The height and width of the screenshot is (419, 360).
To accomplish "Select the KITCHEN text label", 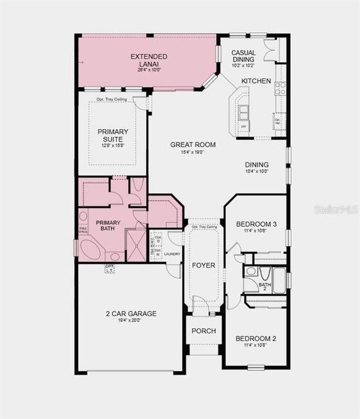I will point(256,81).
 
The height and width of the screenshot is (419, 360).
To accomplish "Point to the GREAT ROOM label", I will point(193,145).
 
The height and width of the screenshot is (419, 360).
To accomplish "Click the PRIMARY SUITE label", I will point(112,136).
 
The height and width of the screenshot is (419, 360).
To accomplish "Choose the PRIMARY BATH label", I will point(108,225).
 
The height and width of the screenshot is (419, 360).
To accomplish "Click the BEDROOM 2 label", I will point(256,339).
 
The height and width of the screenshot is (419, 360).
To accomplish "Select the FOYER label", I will point(203,265).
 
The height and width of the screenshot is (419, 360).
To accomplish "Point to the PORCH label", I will point(203,331).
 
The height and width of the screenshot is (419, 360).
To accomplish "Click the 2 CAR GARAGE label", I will point(131,314).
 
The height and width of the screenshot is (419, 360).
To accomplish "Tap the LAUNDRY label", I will point(172,254).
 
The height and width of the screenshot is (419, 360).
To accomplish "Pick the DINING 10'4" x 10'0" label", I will point(256,168).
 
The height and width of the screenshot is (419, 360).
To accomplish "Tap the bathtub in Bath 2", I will point(280,280).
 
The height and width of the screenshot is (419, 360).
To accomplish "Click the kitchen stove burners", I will point(280,88).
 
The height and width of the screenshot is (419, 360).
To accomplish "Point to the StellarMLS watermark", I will point(336,209).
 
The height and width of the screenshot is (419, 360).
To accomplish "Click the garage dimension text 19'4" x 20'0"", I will point(131,321).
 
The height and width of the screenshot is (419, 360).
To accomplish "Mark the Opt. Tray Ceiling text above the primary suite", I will point(112,100).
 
